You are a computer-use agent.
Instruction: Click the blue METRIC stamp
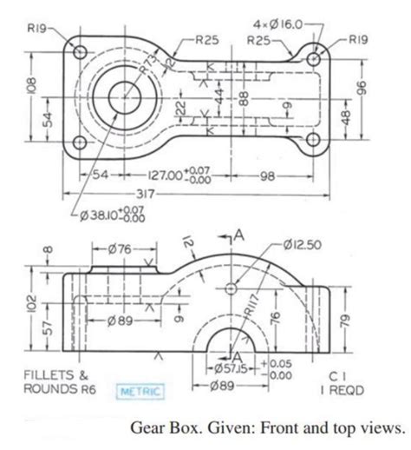(x=139, y=392)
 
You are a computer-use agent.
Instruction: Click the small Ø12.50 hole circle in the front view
(x=231, y=287)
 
